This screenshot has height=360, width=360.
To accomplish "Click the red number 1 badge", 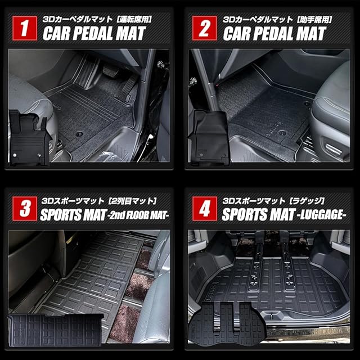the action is [x=25, y=28].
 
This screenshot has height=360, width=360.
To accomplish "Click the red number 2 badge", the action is [x=204, y=28].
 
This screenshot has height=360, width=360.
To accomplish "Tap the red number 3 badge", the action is [x=25, y=209].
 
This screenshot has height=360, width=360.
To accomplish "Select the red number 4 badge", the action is [x=204, y=209].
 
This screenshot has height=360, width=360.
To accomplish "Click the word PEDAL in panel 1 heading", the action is [x=93, y=34].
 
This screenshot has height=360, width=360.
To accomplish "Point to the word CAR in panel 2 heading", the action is [x=236, y=34].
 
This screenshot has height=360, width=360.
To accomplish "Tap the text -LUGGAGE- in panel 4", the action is [x=321, y=215].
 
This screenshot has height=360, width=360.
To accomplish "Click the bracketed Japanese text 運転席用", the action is [x=134, y=19].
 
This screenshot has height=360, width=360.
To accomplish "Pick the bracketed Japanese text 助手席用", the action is [x=314, y=19].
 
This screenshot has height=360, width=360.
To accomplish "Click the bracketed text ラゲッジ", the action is [x=307, y=201].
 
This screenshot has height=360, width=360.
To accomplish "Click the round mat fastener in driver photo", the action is [x=79, y=133].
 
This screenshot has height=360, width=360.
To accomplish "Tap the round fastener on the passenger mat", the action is [x=282, y=133].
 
